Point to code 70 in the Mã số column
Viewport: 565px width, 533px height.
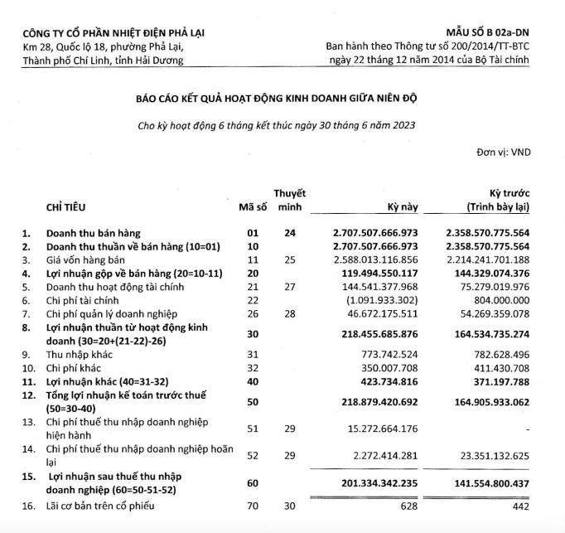pos(252,506)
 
